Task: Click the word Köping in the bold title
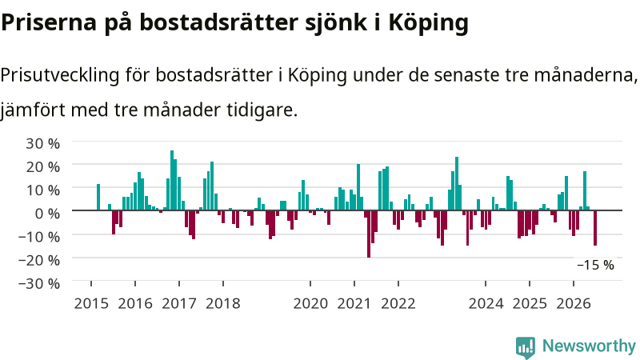click(x=429, y=23)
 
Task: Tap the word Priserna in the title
click(x=49, y=23)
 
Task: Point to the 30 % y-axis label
click(x=43, y=143)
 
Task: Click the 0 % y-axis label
click(x=47, y=213)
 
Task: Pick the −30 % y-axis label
click(x=39, y=283)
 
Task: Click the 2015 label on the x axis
click(x=91, y=304)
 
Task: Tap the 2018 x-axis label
click(x=223, y=304)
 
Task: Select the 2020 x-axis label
click(x=310, y=304)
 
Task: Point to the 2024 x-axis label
click(x=486, y=304)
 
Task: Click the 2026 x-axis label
click(x=574, y=304)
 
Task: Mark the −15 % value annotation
click(x=595, y=266)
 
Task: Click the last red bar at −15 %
click(x=595, y=228)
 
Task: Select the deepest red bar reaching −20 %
click(x=369, y=234)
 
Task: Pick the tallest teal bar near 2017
click(x=172, y=181)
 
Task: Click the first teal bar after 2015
click(x=98, y=197)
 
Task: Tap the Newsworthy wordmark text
click(x=589, y=346)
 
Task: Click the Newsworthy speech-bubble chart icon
click(x=526, y=347)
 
